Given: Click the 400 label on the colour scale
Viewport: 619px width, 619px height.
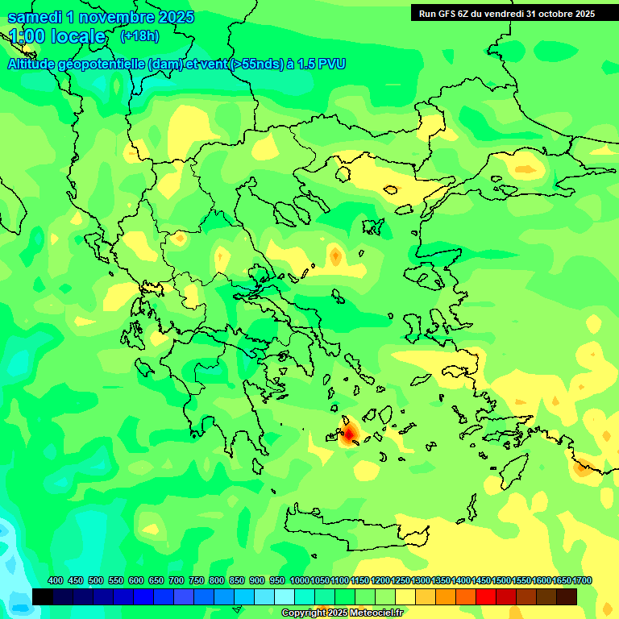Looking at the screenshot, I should click(x=56, y=580).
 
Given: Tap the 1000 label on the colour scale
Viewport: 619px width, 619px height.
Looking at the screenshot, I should click(x=300, y=580).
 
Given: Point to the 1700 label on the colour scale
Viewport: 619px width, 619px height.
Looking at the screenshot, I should click(x=562, y=580).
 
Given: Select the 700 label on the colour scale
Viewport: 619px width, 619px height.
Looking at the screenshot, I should click(x=177, y=580).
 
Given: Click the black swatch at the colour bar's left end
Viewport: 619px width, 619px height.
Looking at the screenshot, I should click(x=43, y=596).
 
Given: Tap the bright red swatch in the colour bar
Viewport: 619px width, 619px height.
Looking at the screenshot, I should click(x=486, y=596).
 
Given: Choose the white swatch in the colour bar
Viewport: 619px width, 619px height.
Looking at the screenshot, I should click(x=285, y=596).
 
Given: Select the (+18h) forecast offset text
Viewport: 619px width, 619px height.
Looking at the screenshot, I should click(x=139, y=35).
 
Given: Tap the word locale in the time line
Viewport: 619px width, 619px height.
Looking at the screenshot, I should click(x=78, y=36).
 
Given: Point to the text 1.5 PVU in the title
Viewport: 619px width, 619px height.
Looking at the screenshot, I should click(x=321, y=64).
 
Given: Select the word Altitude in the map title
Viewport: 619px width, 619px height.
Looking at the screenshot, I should click(x=37, y=64).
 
